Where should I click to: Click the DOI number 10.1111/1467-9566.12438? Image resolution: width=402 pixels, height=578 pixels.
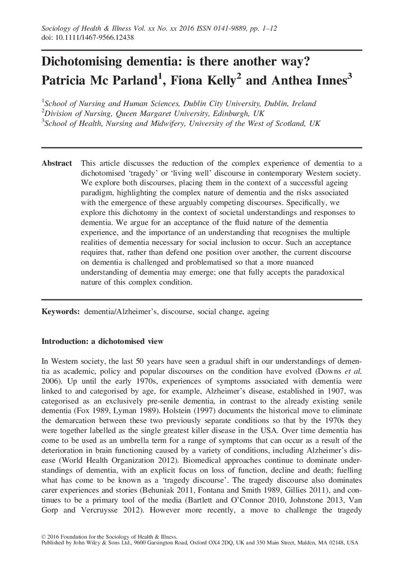click(x=95, y=37)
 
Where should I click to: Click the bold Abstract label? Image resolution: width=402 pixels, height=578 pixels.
click(x=57, y=147)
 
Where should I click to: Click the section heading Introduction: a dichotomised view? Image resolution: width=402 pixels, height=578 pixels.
click(x=102, y=340)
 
